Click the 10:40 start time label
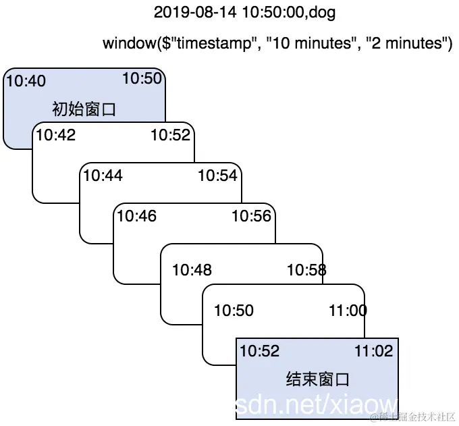click(26, 82)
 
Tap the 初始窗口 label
click(84, 109)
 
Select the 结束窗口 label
click(317, 379)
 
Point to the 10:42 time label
click(55, 135)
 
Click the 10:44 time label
click(103, 176)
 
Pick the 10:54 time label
click(217, 176)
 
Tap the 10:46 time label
click(136, 216)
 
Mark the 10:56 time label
click(251, 216)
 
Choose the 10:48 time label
click(192, 270)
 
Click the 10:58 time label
click(306, 270)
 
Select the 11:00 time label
click(348, 311)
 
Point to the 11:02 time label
click(373, 351)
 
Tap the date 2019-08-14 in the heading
click(188, 12)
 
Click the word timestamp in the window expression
click(214, 44)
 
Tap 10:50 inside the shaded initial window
click(142, 78)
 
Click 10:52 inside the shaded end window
click(259, 351)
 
